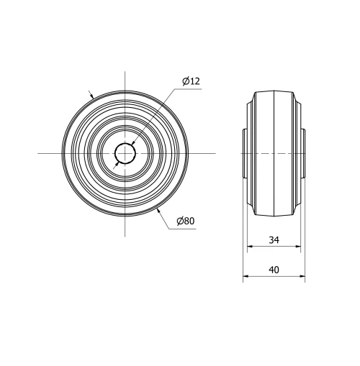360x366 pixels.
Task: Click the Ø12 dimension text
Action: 191,82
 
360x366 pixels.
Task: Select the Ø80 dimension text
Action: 185,221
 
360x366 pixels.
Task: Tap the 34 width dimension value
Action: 274,240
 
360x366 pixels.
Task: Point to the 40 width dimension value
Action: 274,270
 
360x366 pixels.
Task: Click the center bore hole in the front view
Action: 125,153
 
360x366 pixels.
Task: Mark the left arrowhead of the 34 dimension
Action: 250,247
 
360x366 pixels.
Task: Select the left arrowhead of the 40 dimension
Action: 246,277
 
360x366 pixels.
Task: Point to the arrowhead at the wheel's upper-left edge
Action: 91,96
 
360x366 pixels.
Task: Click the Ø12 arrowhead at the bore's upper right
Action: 134,145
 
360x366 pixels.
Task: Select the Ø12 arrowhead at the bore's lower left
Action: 117,163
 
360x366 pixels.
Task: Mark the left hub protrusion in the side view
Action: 246,154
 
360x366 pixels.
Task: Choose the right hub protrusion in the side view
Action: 302,154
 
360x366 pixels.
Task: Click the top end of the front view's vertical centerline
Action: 125,71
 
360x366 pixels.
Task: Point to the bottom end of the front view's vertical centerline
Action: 125,236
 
